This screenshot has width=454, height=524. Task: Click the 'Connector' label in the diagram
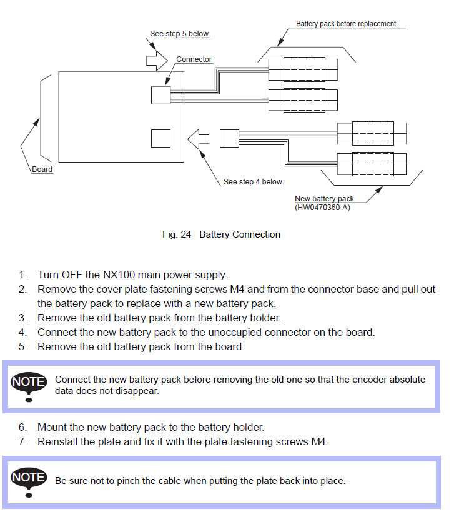tap(194, 59)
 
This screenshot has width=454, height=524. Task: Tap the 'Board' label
tap(42, 169)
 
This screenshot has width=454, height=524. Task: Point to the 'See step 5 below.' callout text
tap(180, 34)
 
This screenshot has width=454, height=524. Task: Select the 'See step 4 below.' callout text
tap(254, 182)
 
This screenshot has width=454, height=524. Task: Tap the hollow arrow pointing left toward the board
tap(199, 139)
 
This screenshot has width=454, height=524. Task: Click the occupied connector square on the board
tap(160, 95)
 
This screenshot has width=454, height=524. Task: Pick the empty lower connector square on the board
tap(160, 138)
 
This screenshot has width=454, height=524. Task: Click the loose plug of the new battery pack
tap(229, 138)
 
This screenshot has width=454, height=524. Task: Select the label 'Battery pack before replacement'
tap(346, 24)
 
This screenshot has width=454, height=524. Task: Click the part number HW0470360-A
tap(322, 207)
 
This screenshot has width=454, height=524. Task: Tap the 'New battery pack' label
tap(324, 199)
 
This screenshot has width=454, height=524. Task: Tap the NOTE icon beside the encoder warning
tap(29, 385)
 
